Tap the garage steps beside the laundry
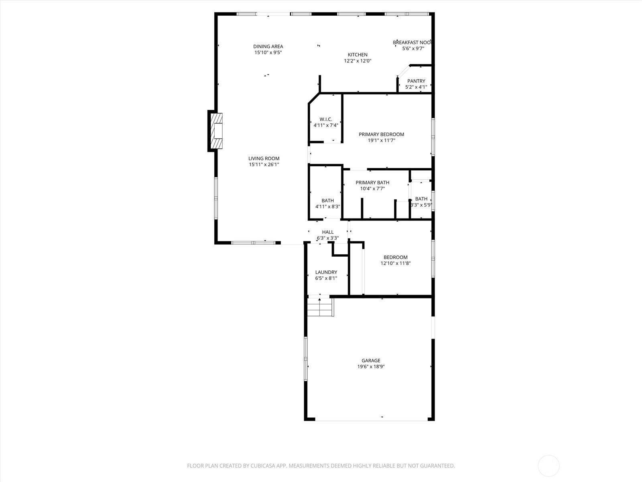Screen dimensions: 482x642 pos(320,308)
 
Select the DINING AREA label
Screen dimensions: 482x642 pos(268,47)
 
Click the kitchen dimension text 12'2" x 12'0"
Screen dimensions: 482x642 pos(358,61)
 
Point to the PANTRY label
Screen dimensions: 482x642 pos(416,81)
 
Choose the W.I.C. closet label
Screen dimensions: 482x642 pos(326,119)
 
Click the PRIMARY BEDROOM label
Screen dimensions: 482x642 pos(381,135)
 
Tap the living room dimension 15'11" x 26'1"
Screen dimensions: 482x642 pos(264,165)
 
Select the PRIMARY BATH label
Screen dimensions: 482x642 pos(372,183)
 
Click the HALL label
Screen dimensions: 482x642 pos(328,232)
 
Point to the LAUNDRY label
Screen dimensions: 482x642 pos(326,272)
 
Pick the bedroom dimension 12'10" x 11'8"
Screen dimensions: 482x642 pos(396,263)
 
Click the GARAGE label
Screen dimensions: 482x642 pos(371,361)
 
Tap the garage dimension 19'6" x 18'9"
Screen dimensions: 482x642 pos(371,367)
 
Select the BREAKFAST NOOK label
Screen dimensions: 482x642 pos(412,43)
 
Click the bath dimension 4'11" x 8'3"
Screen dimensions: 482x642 pos(328,207)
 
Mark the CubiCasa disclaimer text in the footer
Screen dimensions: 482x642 pos(321,466)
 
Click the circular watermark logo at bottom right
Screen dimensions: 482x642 pos(549,466)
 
